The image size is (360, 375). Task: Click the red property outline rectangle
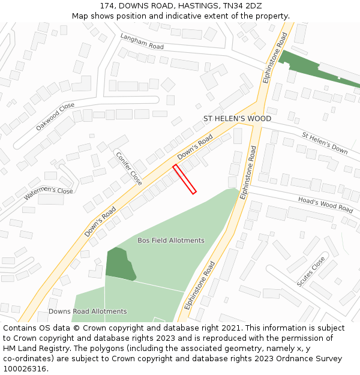tap(185, 179)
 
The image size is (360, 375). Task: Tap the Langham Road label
tap(142, 41)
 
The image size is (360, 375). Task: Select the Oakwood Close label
tap(55, 116)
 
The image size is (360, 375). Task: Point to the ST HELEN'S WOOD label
tap(237, 119)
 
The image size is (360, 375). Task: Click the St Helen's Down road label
tap(325, 143)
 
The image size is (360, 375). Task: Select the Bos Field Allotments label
tap(171, 241)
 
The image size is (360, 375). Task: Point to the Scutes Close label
tap(311, 271)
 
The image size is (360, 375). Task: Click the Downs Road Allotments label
tap(88, 311)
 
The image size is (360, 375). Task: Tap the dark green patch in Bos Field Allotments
tap(119, 264)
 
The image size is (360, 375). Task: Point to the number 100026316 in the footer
tap(25, 369)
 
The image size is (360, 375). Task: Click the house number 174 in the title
tap(107, 5)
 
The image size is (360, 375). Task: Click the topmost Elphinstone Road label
tap(276, 57)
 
